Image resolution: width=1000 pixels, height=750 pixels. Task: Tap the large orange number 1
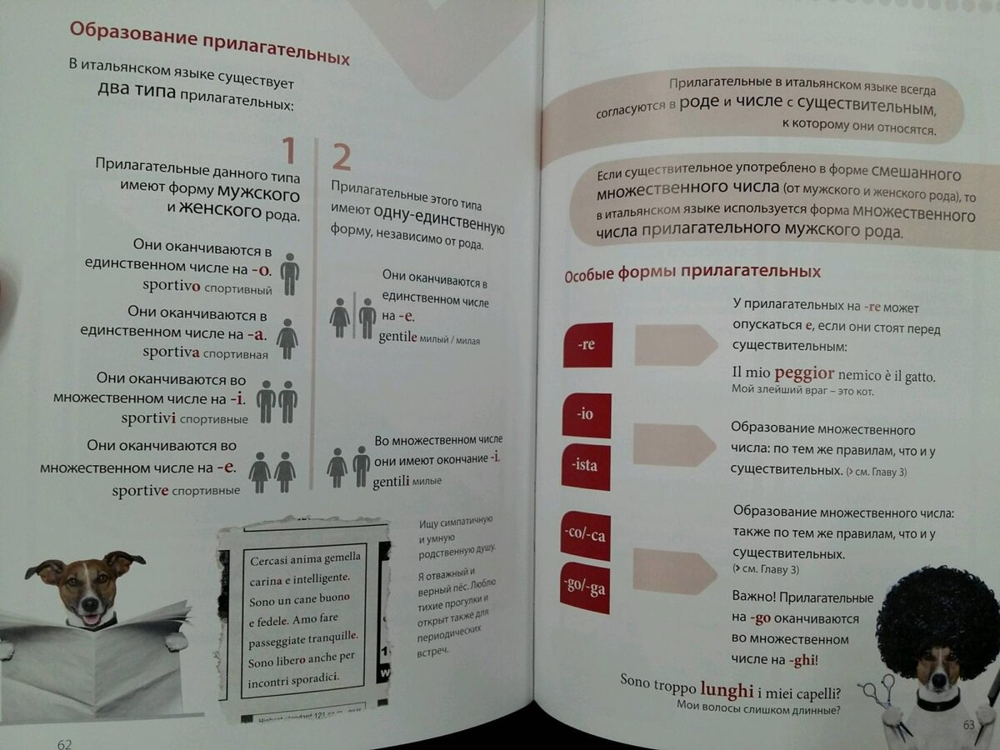click(287, 152)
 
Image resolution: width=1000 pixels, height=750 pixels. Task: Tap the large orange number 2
click(341, 157)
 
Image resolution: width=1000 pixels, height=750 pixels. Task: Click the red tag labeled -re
click(587, 344)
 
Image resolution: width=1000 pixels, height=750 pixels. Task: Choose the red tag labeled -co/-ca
click(585, 535)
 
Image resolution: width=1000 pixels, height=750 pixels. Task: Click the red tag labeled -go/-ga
click(584, 588)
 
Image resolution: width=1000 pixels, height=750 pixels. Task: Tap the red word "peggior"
click(803, 372)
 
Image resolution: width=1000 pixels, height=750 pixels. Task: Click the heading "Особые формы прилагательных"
click(692, 272)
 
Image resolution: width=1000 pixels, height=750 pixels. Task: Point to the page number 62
click(64, 743)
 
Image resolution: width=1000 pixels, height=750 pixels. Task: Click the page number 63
click(968, 725)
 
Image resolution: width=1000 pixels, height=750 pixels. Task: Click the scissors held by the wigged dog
click(877, 693)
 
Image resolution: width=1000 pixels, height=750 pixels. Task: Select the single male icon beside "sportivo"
click(289, 274)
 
